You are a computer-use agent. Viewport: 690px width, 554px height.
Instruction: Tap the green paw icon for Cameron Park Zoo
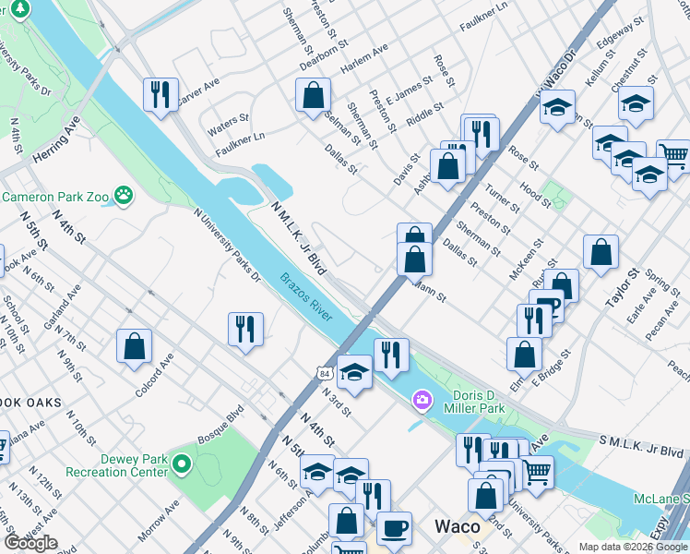click(124, 196)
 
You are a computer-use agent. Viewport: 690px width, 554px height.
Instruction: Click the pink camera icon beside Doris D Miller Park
click(422, 399)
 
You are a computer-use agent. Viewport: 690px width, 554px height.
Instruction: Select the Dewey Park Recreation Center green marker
click(183, 464)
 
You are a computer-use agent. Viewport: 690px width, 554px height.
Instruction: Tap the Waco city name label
click(458, 526)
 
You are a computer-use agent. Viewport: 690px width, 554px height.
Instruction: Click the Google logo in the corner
click(30, 543)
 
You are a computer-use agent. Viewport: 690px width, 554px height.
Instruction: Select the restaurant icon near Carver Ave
click(161, 93)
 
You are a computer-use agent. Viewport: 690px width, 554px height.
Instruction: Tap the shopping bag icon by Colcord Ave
click(135, 346)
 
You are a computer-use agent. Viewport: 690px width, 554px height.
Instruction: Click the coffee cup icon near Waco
click(394, 528)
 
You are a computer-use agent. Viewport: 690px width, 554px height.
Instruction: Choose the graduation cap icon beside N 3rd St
click(354, 372)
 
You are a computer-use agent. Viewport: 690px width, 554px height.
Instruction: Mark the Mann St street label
click(429, 295)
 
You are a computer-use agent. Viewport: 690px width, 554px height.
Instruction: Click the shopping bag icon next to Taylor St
click(601, 251)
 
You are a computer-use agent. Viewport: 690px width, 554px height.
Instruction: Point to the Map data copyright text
click(633, 547)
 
